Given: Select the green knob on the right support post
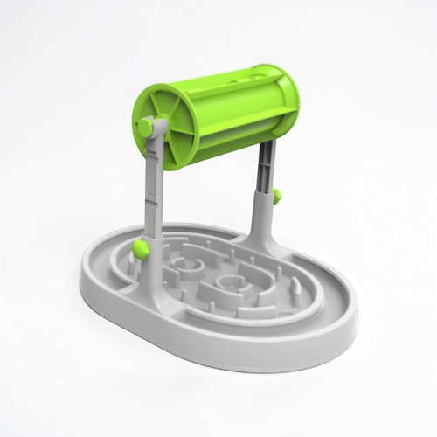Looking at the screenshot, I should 275,194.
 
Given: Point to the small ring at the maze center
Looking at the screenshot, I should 229,282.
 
